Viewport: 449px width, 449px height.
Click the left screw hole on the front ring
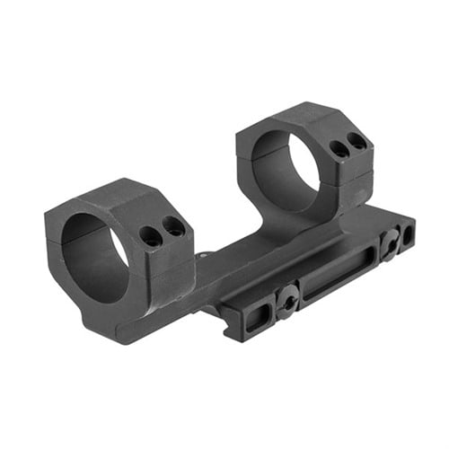pos(149,237)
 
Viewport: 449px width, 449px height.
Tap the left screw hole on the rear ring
pos(339,149)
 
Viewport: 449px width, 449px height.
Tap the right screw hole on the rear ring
pos(357,141)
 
